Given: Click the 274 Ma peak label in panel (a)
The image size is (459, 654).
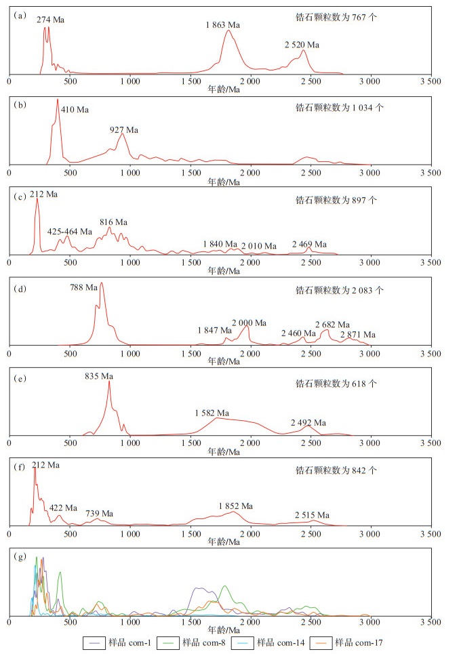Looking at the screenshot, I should coord(51,20).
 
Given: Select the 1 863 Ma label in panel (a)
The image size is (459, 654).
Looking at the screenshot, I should coord(223,25).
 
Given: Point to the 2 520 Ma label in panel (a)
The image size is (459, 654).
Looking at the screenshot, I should coord(302,45).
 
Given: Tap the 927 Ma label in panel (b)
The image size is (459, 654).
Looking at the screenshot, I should coord(125,129).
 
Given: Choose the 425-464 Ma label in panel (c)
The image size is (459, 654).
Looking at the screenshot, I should coord(70,231).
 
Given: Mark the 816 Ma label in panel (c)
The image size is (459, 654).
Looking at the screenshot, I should coord(113,222).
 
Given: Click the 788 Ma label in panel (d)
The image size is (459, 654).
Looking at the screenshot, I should coord(83,287).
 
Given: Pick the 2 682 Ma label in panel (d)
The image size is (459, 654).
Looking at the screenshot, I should coord(332,324).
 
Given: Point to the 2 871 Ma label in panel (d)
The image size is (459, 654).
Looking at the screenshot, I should coord(358,334).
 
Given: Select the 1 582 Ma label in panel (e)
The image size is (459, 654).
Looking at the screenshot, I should coord(212,412).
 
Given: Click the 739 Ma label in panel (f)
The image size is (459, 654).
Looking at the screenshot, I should coord(99,513).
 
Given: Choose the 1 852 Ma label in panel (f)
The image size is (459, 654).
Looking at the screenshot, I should coord(235,506).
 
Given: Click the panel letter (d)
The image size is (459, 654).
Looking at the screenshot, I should coord(20,288).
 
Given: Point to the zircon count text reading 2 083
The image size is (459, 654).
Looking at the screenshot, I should coord(339,290).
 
